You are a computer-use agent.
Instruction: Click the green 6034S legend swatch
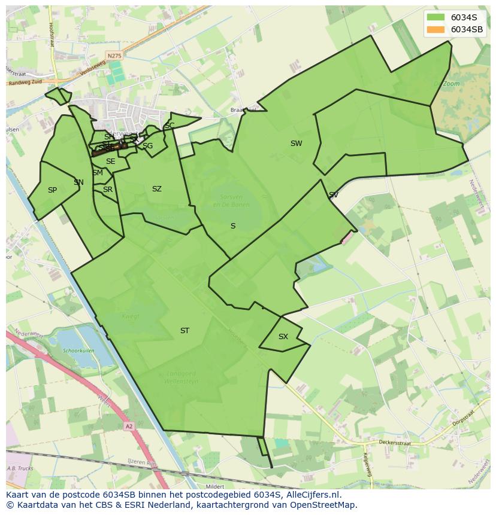point(435,17)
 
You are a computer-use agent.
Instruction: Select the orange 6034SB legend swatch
point(435,29)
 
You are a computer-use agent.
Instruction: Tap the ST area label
point(185,331)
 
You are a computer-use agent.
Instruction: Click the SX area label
point(283,337)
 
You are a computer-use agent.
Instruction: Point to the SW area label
point(296,144)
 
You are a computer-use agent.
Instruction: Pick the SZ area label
point(157,189)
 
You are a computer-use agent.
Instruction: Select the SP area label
point(52,190)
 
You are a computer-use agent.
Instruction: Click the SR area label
point(108,190)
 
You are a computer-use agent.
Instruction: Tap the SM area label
point(98,173)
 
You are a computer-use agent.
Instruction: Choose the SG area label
point(147,146)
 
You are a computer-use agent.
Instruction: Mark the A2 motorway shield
point(129,426)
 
